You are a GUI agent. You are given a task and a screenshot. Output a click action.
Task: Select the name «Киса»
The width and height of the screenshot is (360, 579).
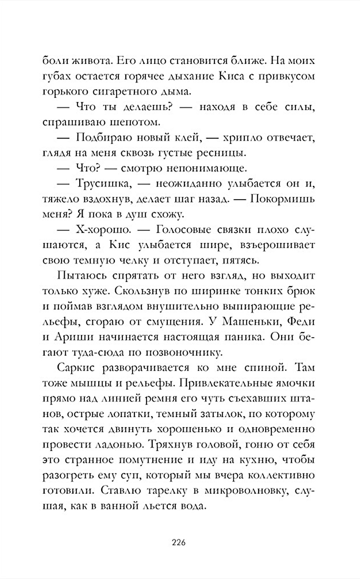[233, 76]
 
